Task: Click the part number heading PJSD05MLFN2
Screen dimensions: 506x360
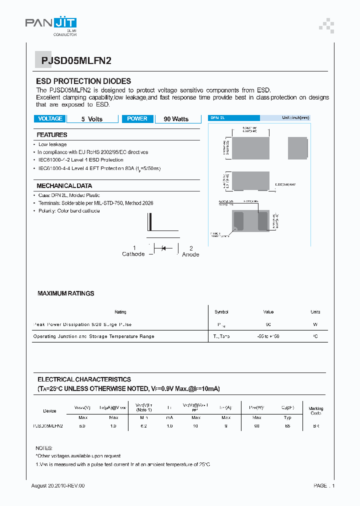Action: tap(72, 61)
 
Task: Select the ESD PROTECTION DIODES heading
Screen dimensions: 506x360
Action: tap(83, 81)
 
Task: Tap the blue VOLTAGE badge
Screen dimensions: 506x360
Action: tap(50, 119)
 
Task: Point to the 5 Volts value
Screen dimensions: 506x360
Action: tap(92, 119)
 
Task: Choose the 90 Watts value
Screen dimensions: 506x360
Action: tap(176, 119)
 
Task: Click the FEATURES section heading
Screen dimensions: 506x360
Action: tap(52, 135)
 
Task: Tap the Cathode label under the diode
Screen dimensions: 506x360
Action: tap(133, 254)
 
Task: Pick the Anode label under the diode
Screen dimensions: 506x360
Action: tap(190, 254)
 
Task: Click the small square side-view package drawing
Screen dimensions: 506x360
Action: tap(298, 147)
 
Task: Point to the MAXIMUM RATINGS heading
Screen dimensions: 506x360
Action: tap(65, 293)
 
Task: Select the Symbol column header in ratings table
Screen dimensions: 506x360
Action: tap(221, 312)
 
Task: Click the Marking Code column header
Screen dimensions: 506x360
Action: tap(315, 411)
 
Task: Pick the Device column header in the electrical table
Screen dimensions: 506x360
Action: tap(49, 411)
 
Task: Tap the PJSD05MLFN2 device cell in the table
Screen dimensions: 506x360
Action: tap(47, 426)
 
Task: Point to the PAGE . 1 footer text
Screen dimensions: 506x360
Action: tap(324, 485)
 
